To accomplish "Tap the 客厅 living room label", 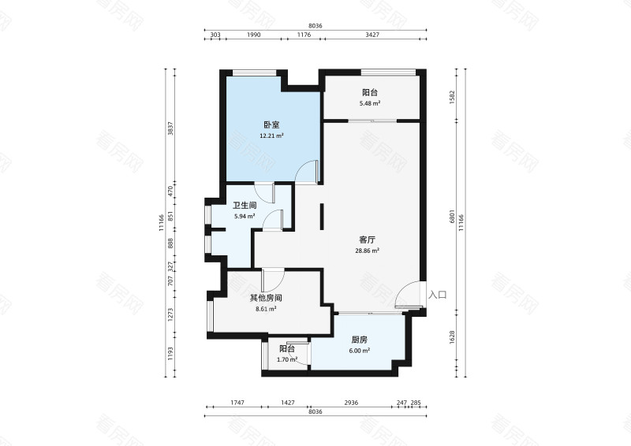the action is coord(367,240).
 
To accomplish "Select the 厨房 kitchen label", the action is coord(360,340).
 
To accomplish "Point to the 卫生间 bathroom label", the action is coord(245,206).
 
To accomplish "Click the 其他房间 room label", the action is coord(266,298).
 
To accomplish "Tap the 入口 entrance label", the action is coord(438,295).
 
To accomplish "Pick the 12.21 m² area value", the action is coord(271,136).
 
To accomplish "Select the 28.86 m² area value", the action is coord(367,251).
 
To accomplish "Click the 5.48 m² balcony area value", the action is coord(370,103).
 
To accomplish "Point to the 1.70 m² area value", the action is coord(287,359).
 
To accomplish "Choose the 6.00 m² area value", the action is coord(360,351).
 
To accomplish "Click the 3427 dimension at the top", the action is coord(372,35).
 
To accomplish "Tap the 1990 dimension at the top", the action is coord(253,35).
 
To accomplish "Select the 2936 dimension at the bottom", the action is coord(351,402).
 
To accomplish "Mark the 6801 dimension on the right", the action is coord(452,217).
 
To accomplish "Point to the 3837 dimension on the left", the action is coord(170,128).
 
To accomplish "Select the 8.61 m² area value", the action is coord(266,309).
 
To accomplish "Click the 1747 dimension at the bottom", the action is coord(237,402).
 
